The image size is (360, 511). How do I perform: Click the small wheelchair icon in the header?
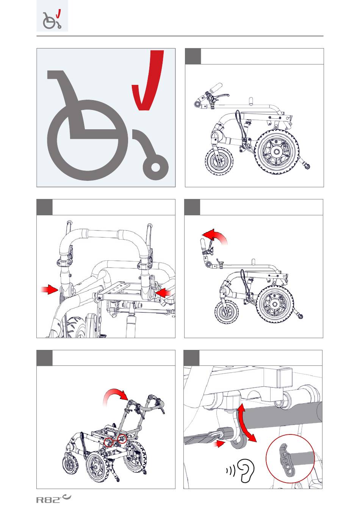pyautogui.click(x=52, y=20)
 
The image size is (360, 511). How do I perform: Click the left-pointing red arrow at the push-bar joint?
pyautogui.click(x=163, y=293)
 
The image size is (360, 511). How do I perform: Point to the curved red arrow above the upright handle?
pyautogui.click(x=215, y=236)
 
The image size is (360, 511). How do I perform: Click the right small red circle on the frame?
pyautogui.click(x=122, y=439)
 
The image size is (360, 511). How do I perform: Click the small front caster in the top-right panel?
pyautogui.click(x=219, y=161)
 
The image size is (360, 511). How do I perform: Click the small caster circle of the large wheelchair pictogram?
pyautogui.click(x=155, y=167)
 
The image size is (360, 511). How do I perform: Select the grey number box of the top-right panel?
pyautogui.click(x=193, y=56)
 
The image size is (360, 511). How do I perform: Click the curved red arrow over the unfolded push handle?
pyautogui.click(x=115, y=397)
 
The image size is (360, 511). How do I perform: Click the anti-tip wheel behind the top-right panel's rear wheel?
pyautogui.click(x=308, y=167)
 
